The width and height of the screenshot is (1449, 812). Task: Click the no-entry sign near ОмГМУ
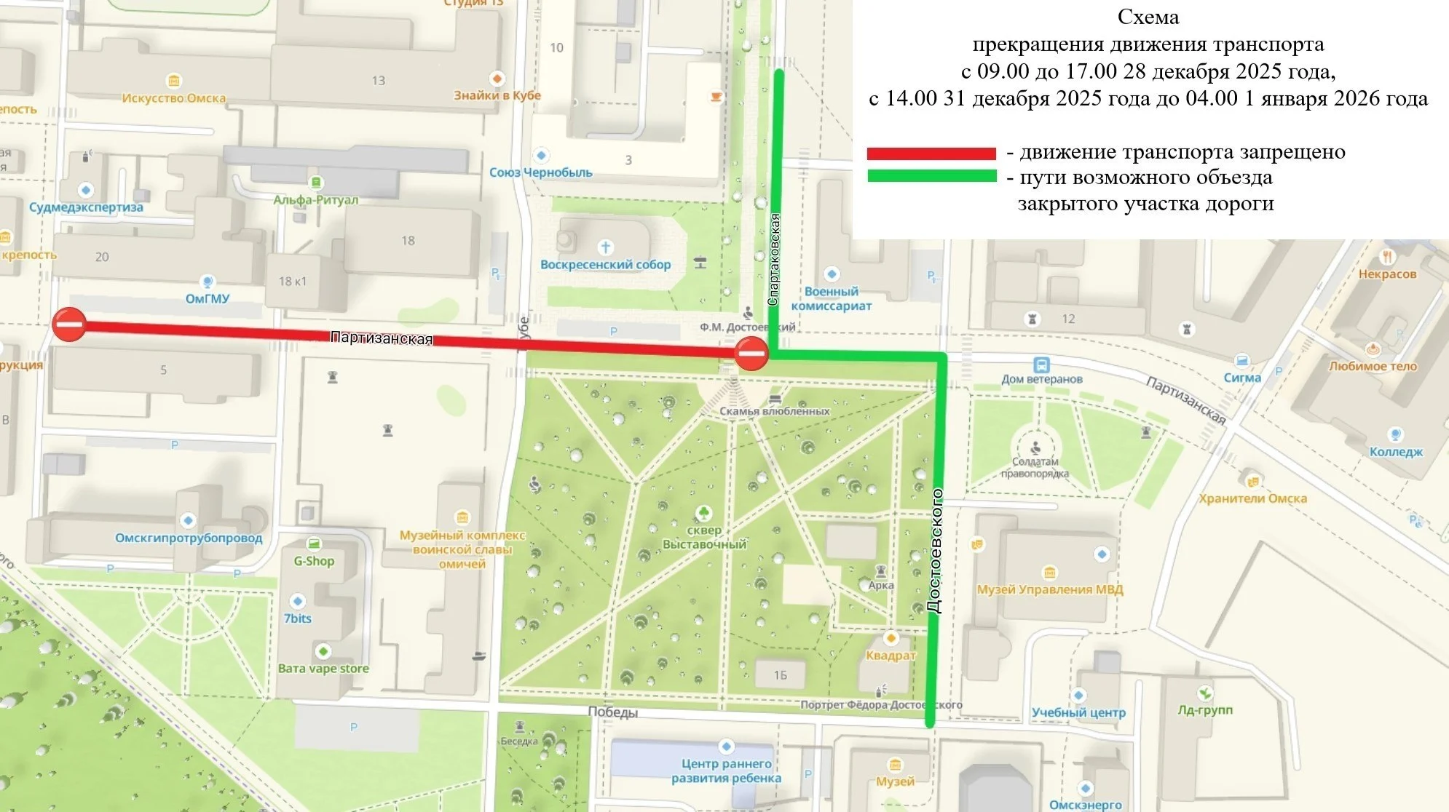(70, 325)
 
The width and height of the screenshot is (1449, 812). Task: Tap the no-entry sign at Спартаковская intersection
(751, 354)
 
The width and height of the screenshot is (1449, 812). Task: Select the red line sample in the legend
(931, 154)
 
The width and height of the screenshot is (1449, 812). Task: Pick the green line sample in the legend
(931, 176)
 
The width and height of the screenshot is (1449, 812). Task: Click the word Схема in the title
(1148, 17)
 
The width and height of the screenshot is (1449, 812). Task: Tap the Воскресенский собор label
(605, 265)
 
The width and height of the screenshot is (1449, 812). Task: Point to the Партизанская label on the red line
(382, 338)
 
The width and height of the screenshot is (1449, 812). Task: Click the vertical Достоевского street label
(936, 551)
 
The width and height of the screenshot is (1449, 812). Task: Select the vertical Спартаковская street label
(775, 259)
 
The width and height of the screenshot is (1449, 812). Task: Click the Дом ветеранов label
(1041, 379)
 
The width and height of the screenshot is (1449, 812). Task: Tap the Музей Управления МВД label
(1049, 589)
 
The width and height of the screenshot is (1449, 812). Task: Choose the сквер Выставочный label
(704, 537)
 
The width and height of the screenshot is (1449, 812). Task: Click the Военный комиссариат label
(831, 298)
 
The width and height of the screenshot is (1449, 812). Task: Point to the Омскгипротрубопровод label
(189, 538)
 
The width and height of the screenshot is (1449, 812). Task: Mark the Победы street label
(612, 712)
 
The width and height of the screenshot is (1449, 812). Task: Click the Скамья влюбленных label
(774, 411)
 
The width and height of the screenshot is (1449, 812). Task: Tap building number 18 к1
(292, 282)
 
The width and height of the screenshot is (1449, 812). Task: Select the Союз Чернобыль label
(540, 172)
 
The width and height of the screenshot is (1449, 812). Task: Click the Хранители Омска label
(1252, 498)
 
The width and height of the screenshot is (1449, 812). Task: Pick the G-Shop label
(314, 561)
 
